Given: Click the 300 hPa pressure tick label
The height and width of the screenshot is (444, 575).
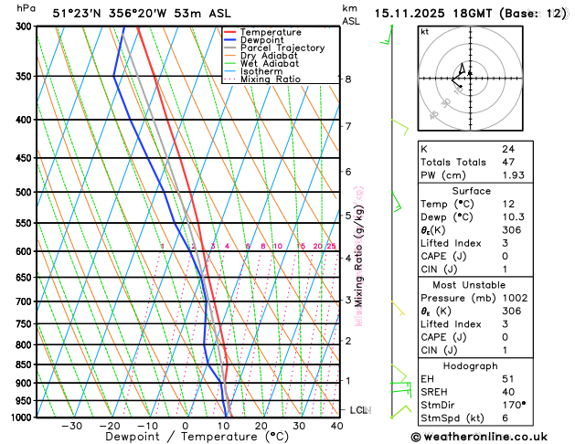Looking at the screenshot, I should (x=21, y=26).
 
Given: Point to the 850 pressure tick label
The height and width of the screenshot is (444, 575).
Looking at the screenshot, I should (x=21, y=365).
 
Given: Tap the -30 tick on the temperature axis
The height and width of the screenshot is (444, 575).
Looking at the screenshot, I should (x=71, y=426).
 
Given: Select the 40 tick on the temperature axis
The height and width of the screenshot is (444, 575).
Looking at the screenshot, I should (x=337, y=426).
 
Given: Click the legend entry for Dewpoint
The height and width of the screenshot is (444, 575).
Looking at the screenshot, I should (x=261, y=40).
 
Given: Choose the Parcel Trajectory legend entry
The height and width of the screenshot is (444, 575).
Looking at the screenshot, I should (x=282, y=48).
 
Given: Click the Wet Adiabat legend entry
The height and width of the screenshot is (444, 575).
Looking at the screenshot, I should (x=269, y=64).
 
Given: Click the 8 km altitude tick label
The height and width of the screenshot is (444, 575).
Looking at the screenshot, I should (x=348, y=79).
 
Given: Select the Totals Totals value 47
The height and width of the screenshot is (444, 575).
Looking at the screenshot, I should (x=508, y=162).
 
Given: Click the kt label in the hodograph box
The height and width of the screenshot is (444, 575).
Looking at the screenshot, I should (x=425, y=32).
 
